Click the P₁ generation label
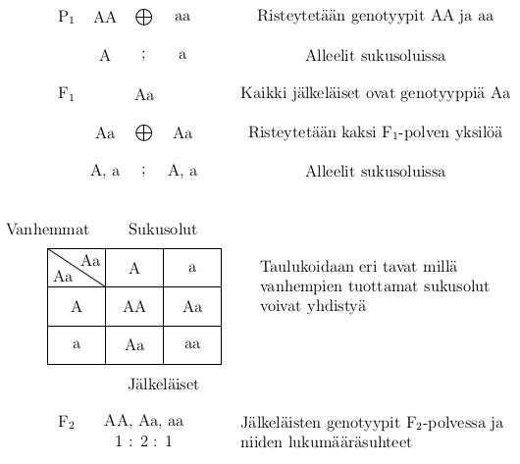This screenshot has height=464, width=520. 67,18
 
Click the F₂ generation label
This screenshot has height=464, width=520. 67,423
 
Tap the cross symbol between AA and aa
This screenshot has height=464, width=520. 143,18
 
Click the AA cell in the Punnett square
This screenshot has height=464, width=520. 134,307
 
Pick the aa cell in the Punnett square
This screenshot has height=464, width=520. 192,344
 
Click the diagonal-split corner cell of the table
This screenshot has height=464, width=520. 77,268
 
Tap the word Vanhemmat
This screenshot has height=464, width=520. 47,230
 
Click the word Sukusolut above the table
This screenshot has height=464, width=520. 163,230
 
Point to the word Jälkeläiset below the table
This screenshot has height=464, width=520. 164,385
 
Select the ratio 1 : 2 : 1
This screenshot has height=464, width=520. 143,440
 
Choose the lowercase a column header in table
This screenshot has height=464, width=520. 192,268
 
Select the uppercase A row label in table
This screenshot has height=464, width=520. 77,307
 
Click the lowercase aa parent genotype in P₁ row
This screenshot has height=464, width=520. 182,18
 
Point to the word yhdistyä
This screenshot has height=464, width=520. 335,306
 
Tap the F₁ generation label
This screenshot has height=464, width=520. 67,94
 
